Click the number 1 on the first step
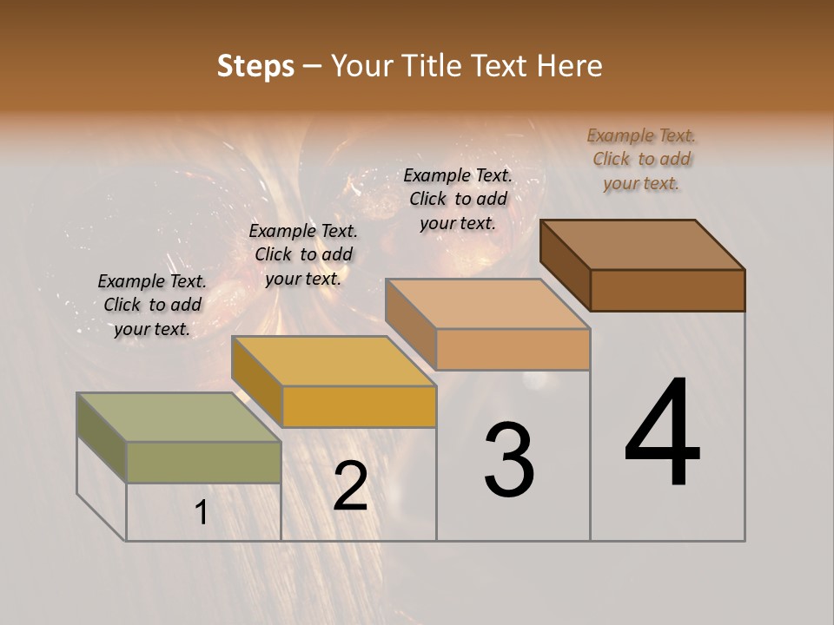click(x=202, y=513)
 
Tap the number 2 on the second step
click(x=350, y=485)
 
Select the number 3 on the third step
click(x=509, y=460)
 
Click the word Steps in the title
click(x=255, y=66)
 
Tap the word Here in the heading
click(x=572, y=66)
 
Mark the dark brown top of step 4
click(x=643, y=245)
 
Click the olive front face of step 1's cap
click(x=203, y=462)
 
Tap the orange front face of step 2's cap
click(x=359, y=406)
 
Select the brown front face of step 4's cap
click(x=667, y=290)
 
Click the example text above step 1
click(x=152, y=306)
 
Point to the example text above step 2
click(x=303, y=255)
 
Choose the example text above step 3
click(x=458, y=199)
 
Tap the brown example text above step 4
click(x=641, y=159)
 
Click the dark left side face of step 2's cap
click(x=256, y=380)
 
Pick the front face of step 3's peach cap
click(x=513, y=349)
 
